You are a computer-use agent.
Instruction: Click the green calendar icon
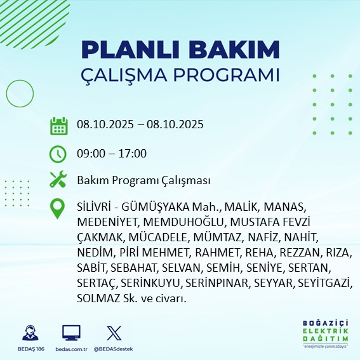(x=58, y=125)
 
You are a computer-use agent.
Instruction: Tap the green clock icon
(x=58, y=154)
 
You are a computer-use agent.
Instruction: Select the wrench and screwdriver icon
(x=58, y=180)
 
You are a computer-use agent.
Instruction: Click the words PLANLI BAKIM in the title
(x=180, y=50)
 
